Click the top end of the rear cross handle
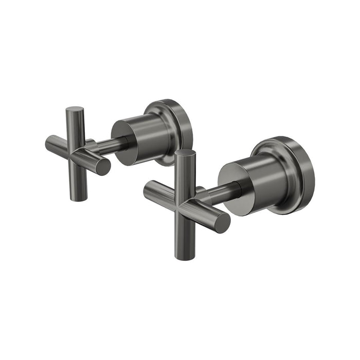75,110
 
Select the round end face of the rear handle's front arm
103,167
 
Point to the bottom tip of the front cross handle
185,256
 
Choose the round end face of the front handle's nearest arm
222,222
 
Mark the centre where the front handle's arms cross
186,202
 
